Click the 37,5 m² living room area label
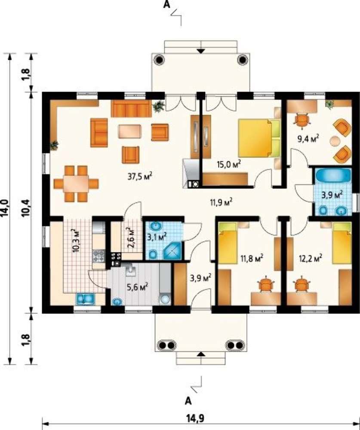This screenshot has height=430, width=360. [x=140, y=176]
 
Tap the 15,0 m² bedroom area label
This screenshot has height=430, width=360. [x=229, y=164]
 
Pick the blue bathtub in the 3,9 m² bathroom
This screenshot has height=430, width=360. [x=333, y=175]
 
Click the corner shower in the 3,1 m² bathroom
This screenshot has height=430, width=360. [x=172, y=251]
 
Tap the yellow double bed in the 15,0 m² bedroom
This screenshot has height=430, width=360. [x=259, y=138]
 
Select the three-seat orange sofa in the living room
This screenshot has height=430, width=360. [x=131, y=108]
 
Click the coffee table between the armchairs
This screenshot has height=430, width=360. [x=129, y=131]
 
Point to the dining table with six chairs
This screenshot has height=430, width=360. [x=76, y=184]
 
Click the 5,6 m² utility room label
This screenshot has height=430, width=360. [x=137, y=287]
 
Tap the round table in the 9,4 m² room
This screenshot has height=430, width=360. [x=335, y=141]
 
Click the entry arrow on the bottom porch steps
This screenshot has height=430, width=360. [x=201, y=354]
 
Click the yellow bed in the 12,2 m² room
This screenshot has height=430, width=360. [x=342, y=243]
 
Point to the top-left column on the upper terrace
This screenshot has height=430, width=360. [x=159, y=59]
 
